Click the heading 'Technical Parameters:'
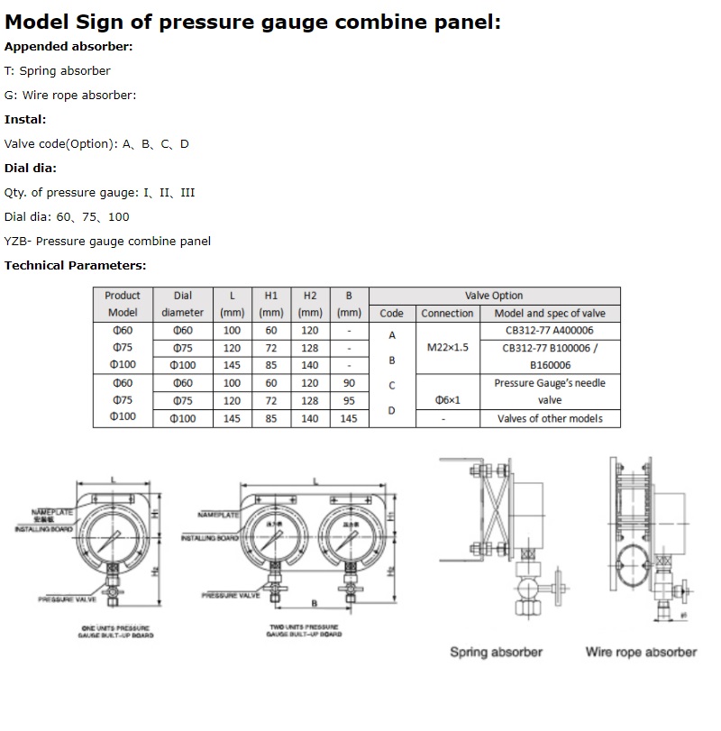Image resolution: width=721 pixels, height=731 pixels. click(x=75, y=265)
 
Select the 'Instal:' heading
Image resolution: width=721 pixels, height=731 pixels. click(x=25, y=119)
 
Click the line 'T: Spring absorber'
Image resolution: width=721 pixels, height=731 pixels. click(x=58, y=70)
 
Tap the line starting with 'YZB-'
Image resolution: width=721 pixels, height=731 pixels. click(x=107, y=241)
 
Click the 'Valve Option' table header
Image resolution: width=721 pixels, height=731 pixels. click(x=494, y=296)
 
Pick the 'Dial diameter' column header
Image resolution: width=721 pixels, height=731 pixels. click(x=183, y=304)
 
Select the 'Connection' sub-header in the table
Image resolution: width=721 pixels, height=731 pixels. click(x=447, y=313)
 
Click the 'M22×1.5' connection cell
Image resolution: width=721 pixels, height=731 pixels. click(x=447, y=347)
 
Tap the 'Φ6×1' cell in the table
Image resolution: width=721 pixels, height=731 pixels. click(x=447, y=400)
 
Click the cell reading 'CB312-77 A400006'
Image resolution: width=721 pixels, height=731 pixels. click(x=550, y=331)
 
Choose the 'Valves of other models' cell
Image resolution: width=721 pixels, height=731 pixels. click(x=550, y=418)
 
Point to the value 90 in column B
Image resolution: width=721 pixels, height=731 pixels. click(x=350, y=383)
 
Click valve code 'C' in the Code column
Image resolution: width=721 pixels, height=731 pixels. click(x=391, y=385)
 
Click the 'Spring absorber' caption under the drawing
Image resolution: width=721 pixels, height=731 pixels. click(x=496, y=652)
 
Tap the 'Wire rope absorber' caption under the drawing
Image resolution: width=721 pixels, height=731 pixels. click(x=641, y=652)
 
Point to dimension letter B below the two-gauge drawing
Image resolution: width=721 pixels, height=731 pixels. click(x=313, y=602)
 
